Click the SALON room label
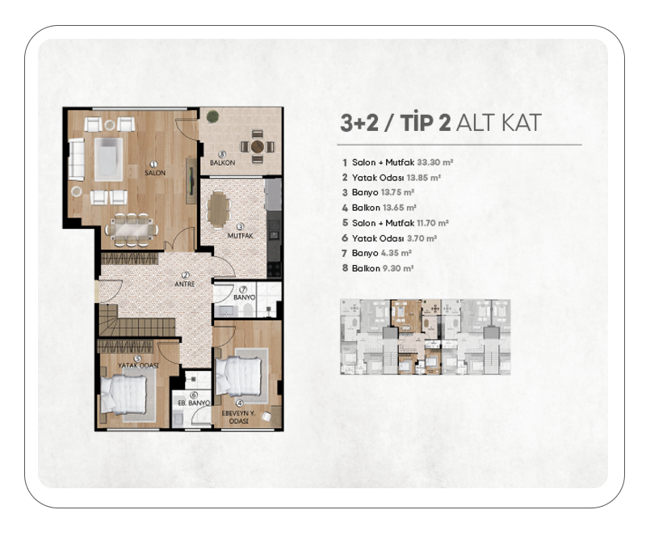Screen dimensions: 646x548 click(x=155, y=173)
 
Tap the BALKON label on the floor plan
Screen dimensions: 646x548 click(x=223, y=163)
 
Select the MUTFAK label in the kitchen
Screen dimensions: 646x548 click(x=241, y=236)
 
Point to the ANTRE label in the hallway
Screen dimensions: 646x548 click(x=185, y=284)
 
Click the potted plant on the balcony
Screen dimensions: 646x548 click(x=212, y=116)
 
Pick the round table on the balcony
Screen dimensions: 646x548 click(x=258, y=146)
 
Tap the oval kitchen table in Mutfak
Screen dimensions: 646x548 click(x=218, y=209)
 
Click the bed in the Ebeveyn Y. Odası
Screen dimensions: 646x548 click(x=239, y=376)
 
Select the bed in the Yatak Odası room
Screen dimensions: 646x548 click(x=124, y=394)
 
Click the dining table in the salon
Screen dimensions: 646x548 click(x=132, y=230)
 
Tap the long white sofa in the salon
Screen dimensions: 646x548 click(x=76, y=159)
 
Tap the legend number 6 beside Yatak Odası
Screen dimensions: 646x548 click(x=345, y=238)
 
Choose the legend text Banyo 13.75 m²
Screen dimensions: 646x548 click(x=383, y=192)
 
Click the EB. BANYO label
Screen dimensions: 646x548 click(x=194, y=403)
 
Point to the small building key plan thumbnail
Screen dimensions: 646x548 click(x=426, y=337)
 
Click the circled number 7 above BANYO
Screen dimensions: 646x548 click(x=243, y=290)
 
